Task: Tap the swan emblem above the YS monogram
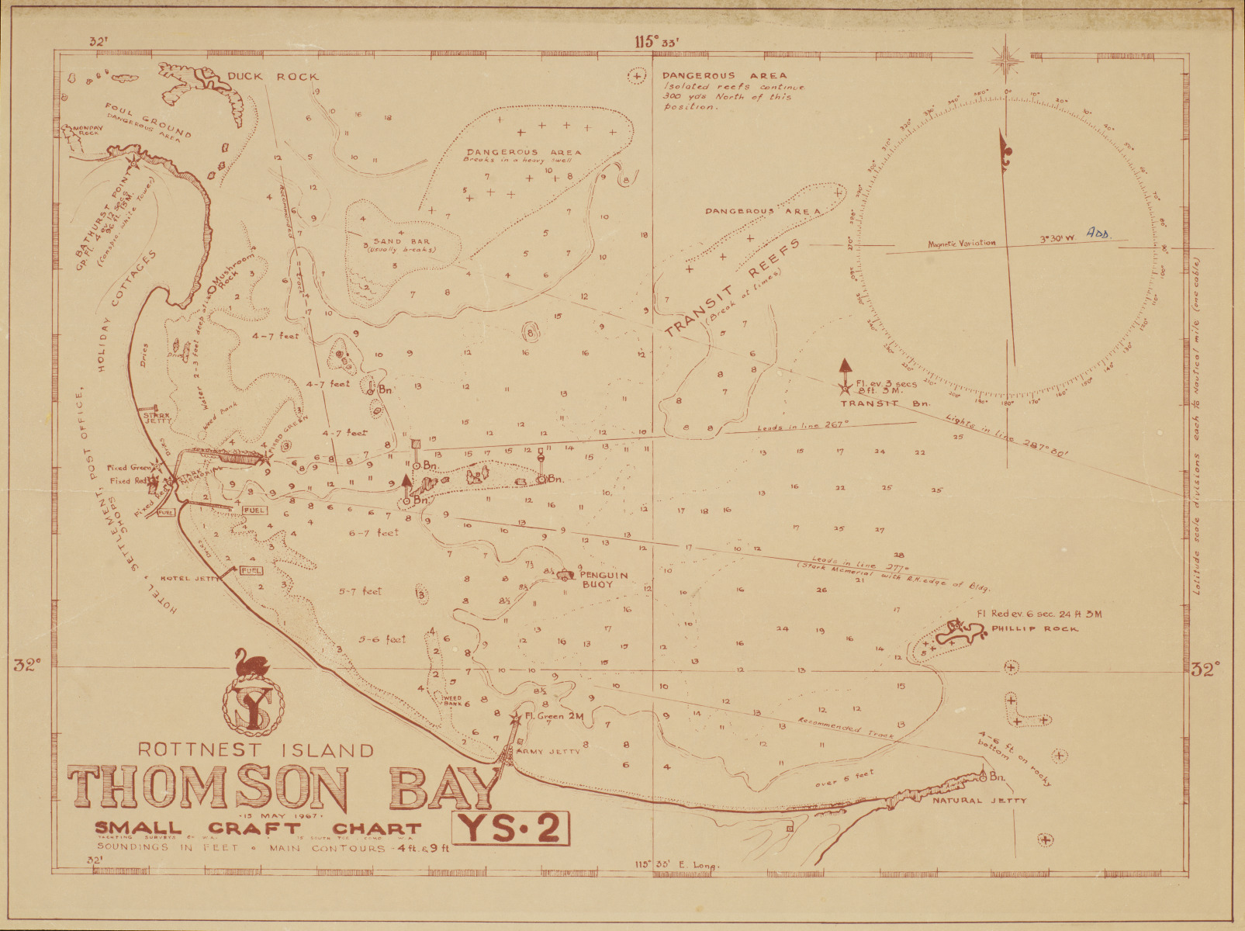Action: (x=254, y=663)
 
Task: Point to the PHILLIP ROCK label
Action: (x=1034, y=628)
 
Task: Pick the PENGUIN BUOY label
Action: (x=604, y=579)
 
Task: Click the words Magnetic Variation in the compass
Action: (x=961, y=244)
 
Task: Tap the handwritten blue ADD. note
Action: (x=1098, y=233)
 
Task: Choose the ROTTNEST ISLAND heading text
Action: (x=256, y=750)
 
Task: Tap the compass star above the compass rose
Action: (x=1005, y=60)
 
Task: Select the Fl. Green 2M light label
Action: (x=554, y=716)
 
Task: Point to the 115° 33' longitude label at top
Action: (x=655, y=43)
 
